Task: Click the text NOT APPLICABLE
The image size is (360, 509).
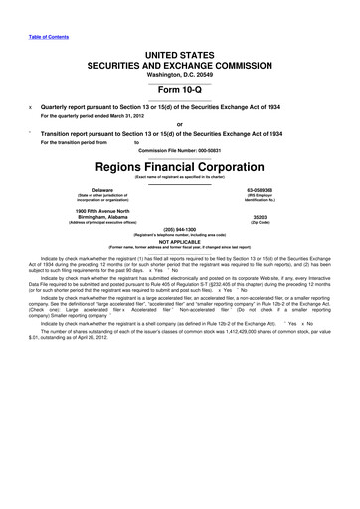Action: coord(180,268)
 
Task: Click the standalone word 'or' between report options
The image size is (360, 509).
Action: coord(180,123)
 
